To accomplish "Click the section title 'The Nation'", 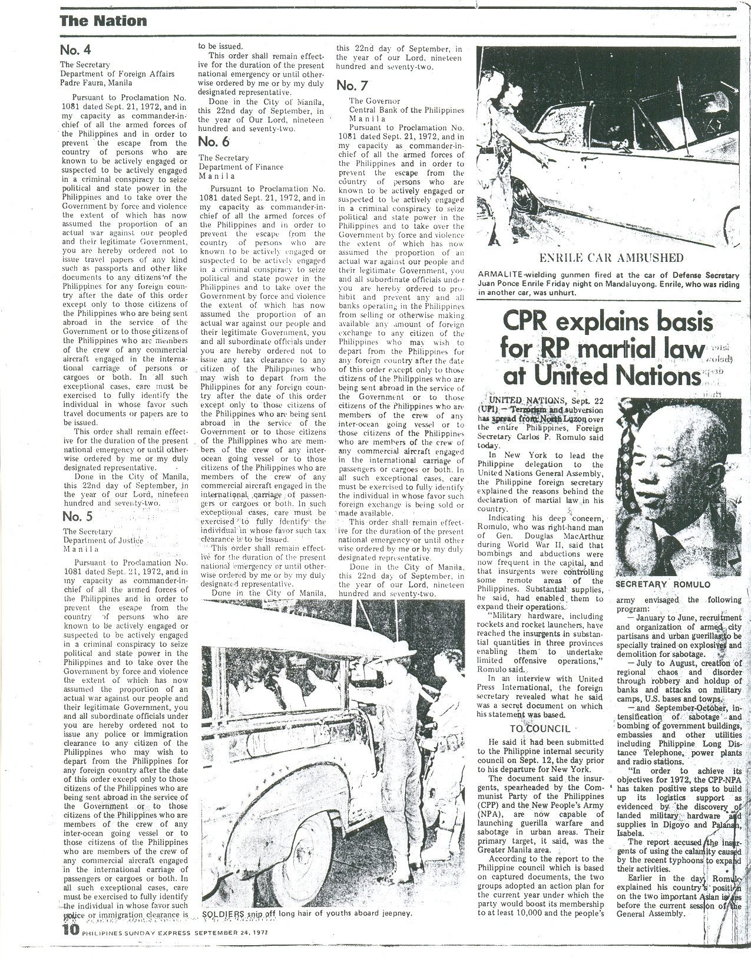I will [x=103, y=21].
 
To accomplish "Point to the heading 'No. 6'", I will [x=214, y=142].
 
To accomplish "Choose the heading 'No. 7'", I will [x=352, y=85].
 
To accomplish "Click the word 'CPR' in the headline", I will [x=527, y=323].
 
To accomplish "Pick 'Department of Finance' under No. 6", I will [x=241, y=167].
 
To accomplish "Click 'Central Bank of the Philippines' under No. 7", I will [x=406, y=110].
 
